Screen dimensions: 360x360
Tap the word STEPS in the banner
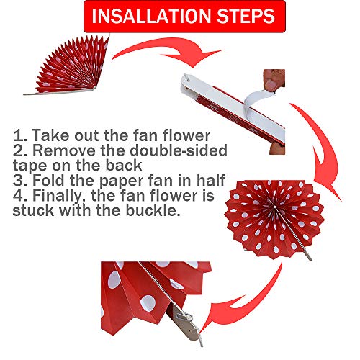click(246, 17)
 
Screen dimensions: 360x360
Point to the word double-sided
click(179, 150)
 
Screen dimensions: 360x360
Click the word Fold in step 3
click(49, 180)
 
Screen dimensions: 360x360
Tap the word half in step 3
click(211, 180)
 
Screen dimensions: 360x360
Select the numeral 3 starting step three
click(18, 181)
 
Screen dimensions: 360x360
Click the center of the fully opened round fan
click(274, 207)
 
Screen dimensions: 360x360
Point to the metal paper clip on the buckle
click(184, 318)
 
